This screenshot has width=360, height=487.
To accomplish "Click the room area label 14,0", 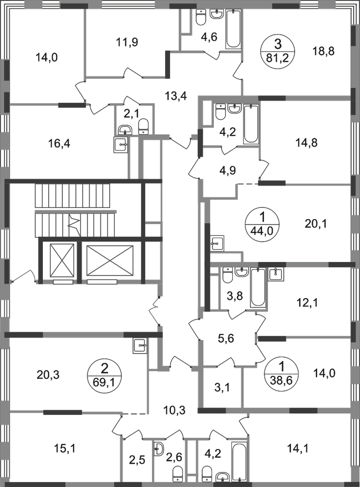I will (46, 57).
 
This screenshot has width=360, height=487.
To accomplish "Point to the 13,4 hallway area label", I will (176, 96).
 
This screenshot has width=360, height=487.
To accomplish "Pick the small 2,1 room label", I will (127, 115).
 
